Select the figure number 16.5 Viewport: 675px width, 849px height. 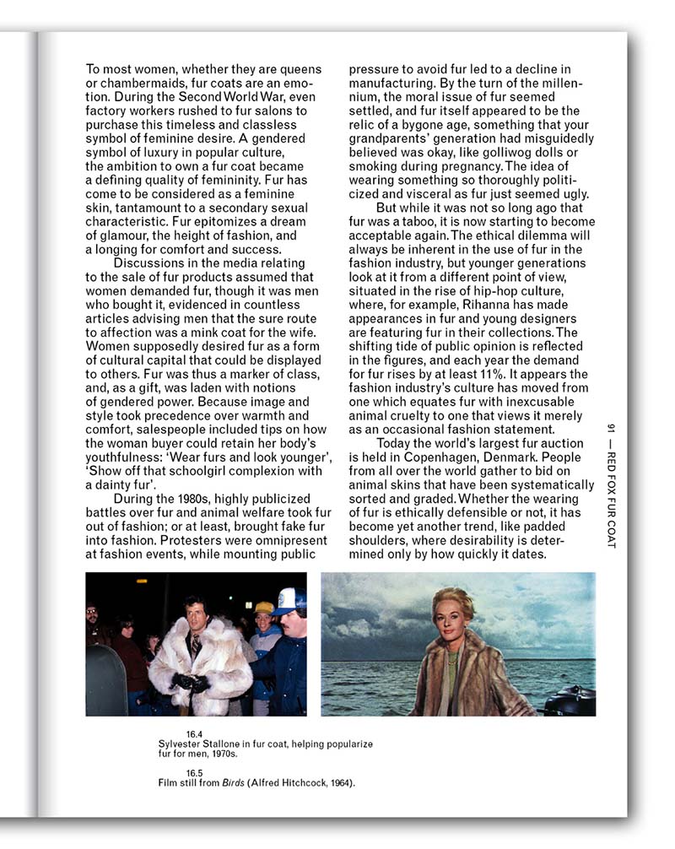(x=195, y=773)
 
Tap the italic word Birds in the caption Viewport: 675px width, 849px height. (x=232, y=783)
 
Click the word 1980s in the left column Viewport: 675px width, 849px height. (x=187, y=499)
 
